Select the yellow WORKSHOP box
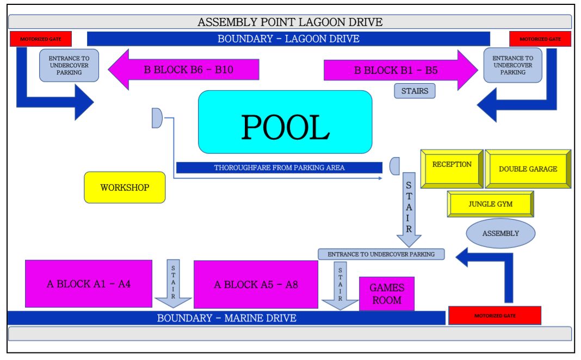[125, 188]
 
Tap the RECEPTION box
[452, 168]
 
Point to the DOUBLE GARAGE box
[528, 169]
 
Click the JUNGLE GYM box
[490, 204]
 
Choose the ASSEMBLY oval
[500, 233]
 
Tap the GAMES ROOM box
[386, 294]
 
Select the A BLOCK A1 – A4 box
[89, 284]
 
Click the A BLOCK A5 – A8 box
[256, 284]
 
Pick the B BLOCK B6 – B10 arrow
[185, 70]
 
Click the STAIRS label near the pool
[415, 91]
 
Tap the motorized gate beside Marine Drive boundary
[495, 315]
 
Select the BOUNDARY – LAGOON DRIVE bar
[288, 39]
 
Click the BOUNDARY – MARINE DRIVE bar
[226, 318]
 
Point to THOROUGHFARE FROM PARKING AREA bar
[279, 167]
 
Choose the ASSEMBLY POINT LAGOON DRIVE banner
[290, 22]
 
